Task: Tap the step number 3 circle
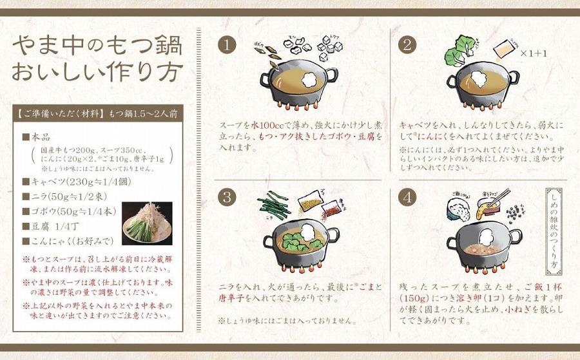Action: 226,197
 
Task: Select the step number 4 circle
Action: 407,197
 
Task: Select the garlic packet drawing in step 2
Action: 504,49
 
